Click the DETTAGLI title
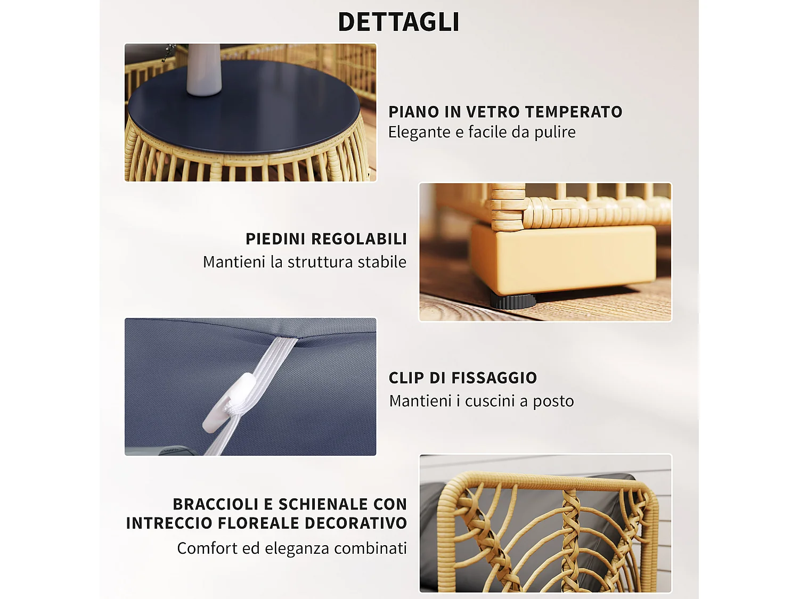pos(398,22)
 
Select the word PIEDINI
pos(275,239)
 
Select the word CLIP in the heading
pos(406,378)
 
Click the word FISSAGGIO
pos(494,378)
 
